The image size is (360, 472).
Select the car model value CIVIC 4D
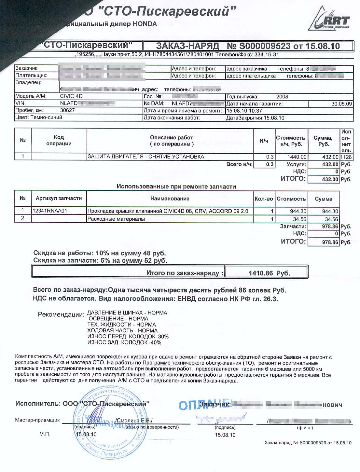[x=72, y=96]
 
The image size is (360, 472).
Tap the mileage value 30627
[x=68, y=110]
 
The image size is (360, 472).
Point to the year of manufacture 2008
[x=282, y=97]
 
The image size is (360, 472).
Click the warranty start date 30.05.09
[x=341, y=104]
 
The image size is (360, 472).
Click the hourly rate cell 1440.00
[x=297, y=157]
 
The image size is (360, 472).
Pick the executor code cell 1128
[x=346, y=157]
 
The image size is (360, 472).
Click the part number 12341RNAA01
[x=50, y=211]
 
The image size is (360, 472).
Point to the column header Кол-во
[x=264, y=199]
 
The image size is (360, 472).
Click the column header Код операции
[x=59, y=140]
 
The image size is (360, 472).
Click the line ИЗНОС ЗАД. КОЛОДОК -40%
[x=124, y=342]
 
